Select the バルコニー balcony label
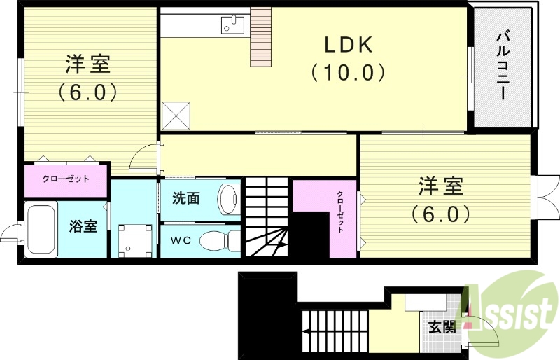click(x=503, y=67)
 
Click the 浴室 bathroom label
click(x=83, y=226)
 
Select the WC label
click(x=181, y=240)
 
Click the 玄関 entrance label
click(x=442, y=326)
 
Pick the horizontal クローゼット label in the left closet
click(x=66, y=179)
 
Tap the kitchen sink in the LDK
click(x=232, y=25)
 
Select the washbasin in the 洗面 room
click(x=227, y=199)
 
